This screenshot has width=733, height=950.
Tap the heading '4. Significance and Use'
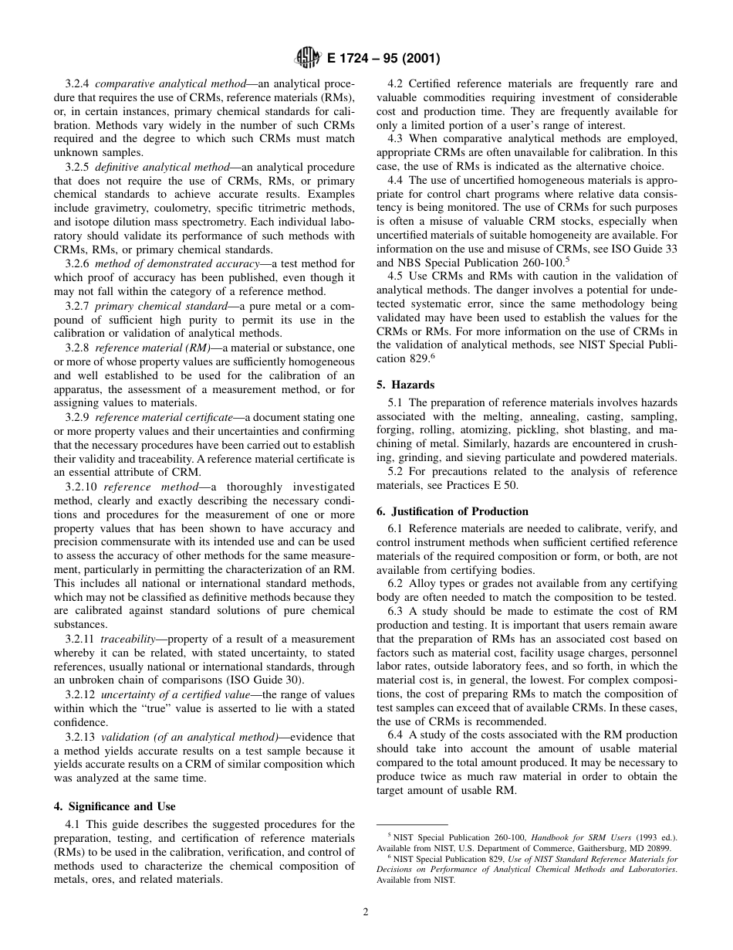point(114,807)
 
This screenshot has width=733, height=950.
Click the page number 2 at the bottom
point(366,911)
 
